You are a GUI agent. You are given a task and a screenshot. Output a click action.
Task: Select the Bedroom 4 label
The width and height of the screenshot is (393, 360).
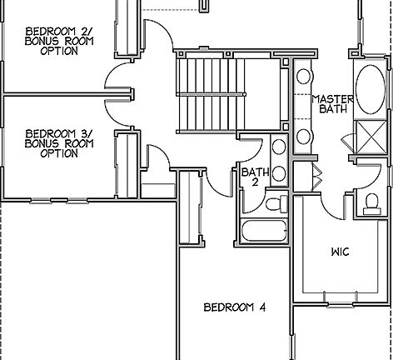[x=235, y=307]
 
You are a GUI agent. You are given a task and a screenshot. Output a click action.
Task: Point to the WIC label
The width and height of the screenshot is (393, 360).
[x=340, y=250]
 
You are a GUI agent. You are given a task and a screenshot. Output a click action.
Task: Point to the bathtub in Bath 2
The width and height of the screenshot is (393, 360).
[x=262, y=229]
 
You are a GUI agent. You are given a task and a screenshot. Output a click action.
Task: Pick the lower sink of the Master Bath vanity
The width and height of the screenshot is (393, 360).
[x=304, y=135]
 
